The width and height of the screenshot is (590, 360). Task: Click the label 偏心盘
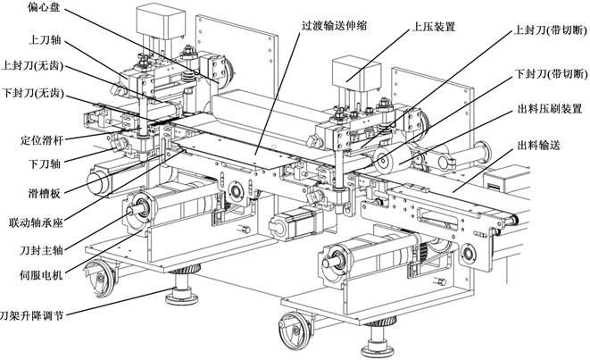tap(44, 7)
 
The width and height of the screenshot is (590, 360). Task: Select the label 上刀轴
tap(45, 40)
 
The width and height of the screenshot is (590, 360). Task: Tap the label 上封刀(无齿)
tap(32, 66)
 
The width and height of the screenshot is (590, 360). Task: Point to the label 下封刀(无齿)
tap(32, 93)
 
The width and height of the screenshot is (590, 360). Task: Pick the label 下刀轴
tap(45, 163)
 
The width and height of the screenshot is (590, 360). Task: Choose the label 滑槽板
tap(44, 194)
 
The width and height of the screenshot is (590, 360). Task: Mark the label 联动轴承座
tap(36, 222)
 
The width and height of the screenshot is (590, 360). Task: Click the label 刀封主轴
tap(41, 250)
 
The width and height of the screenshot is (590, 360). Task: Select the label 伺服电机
tap(41, 275)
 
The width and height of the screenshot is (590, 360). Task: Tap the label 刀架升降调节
tap(31, 315)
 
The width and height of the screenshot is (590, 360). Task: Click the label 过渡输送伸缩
tap(334, 26)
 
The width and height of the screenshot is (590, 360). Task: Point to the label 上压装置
tap(434, 27)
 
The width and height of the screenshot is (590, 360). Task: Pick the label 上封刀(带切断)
tap(551, 31)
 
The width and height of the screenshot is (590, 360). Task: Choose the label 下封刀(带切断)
tap(551, 74)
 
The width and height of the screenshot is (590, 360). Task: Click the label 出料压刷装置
tap(550, 109)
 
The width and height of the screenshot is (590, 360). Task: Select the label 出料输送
tap(539, 145)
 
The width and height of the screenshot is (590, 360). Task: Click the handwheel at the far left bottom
tap(100, 278)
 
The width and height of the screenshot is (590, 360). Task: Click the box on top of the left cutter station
tap(161, 20)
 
